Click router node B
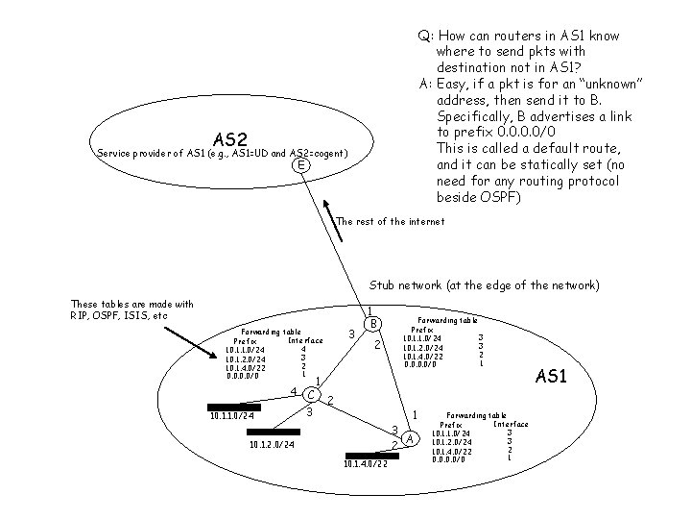376,322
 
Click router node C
310,393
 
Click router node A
411,439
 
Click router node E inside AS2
301,165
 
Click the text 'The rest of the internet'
391,221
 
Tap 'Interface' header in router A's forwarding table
510,424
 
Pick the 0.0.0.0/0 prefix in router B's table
422,363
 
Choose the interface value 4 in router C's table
302,349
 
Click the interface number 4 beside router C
292,389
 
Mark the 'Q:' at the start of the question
423,36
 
